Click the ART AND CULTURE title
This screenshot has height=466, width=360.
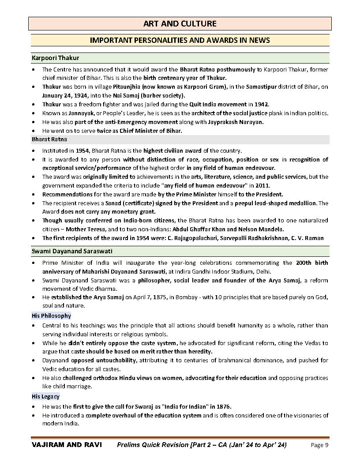click(x=180, y=23)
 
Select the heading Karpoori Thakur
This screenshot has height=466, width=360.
click(x=55, y=58)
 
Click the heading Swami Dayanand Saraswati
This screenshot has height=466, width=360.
click(x=71, y=251)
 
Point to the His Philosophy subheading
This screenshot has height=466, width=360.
click(x=51, y=316)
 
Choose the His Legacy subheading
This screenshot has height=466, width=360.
click(x=45, y=397)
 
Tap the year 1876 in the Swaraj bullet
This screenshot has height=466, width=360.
click(x=223, y=406)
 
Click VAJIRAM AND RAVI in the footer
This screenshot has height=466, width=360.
click(x=67, y=445)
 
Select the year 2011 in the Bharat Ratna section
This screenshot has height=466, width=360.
click(x=261, y=185)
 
